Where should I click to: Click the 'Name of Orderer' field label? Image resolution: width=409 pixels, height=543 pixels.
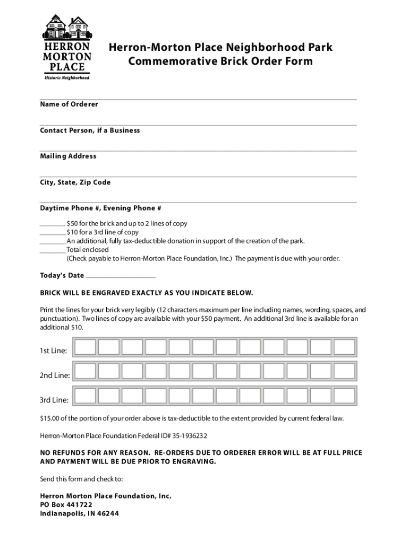pos(69,104)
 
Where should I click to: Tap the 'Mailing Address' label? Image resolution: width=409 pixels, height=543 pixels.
pos(68,156)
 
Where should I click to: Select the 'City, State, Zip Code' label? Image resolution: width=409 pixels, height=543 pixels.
pos(75,182)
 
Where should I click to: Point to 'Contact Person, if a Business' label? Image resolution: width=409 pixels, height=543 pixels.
pos(90,130)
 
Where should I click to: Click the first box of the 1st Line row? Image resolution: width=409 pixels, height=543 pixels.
pos(86,347)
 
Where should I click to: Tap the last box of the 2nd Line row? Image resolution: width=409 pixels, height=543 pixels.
pos(344,371)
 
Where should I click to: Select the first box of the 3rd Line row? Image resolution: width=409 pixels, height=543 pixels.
pos(86,395)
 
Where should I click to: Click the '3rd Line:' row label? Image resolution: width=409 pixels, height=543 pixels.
pos(55,399)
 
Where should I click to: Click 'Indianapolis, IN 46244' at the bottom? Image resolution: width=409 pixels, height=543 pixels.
pos(80,513)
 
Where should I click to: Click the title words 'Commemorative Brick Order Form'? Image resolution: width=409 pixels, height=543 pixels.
pos(220,62)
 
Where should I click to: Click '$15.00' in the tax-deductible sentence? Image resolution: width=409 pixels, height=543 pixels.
pos(51,418)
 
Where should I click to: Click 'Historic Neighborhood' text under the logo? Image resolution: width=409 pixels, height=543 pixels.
pos(66,77)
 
